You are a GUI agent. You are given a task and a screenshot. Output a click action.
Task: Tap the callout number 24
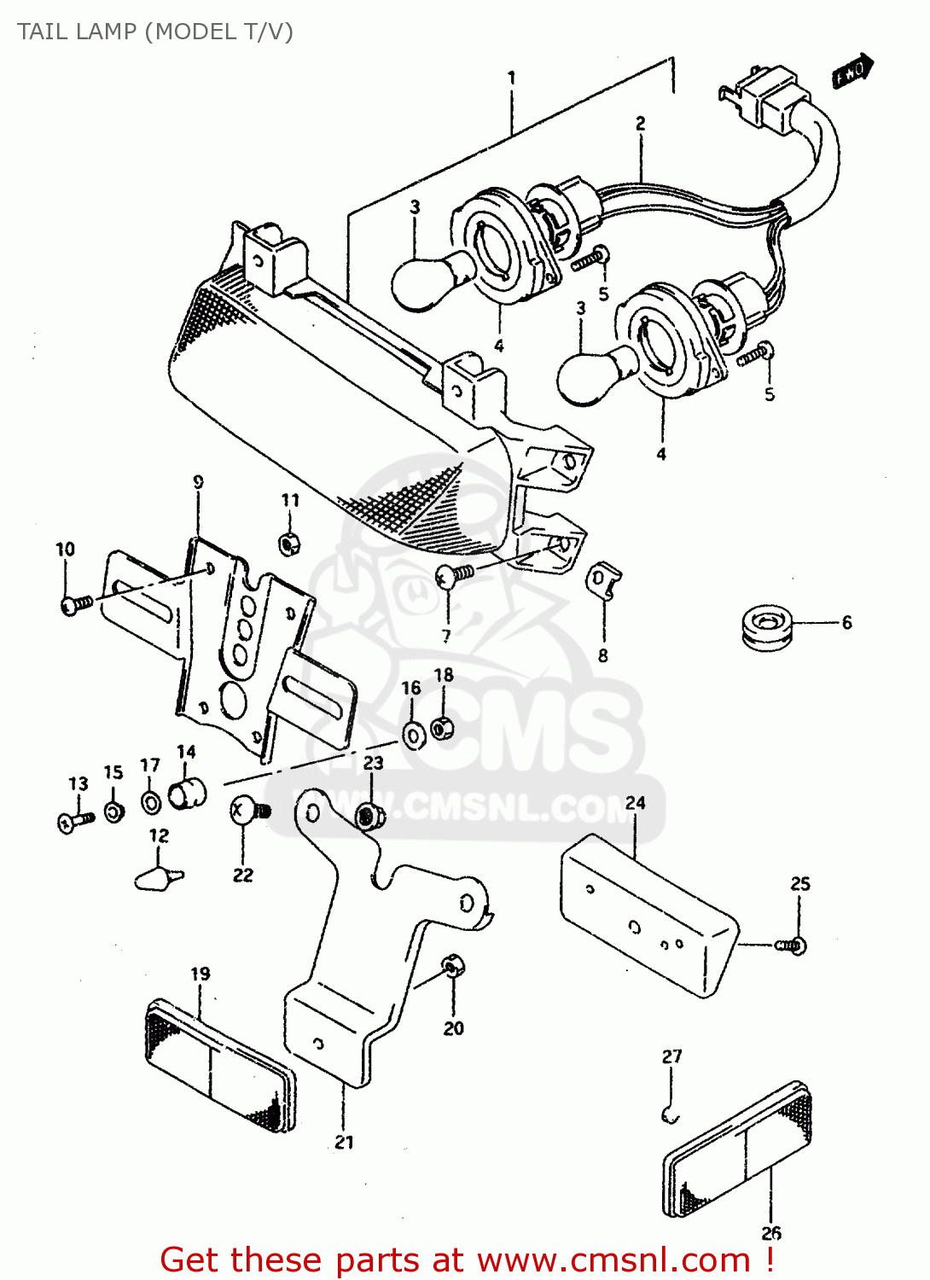pos(635,803)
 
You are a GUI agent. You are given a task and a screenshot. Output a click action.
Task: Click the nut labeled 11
pos(290,542)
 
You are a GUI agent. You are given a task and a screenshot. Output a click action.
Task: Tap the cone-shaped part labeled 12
pos(158,877)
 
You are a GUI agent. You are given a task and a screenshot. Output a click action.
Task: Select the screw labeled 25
pos(791,945)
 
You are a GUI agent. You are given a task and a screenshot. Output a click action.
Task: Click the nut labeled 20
pos(452,967)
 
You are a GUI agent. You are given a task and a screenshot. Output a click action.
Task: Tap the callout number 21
pos(344,1142)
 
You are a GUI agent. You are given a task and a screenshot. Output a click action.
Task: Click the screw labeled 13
pos(76,821)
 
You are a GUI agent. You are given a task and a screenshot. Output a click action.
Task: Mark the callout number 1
pos(511,79)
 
